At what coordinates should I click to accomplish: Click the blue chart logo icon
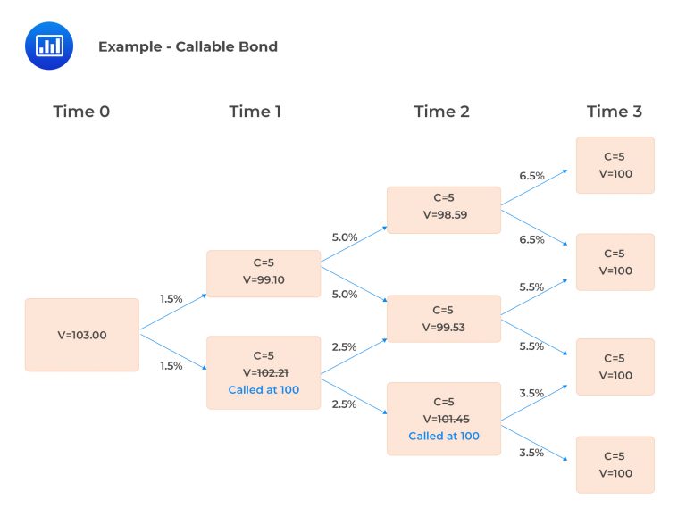pos(48,46)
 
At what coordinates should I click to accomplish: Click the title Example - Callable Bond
pos(188,46)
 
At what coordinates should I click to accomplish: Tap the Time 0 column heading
pos(82,112)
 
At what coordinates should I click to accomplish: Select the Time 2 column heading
pos(441,112)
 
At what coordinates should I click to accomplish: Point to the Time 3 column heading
pos(614,112)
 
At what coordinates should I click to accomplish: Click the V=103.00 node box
pos(82,335)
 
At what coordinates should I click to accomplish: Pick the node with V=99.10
pos(264,273)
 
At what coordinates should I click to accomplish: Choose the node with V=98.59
pos(443,210)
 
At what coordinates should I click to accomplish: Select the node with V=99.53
pos(443,319)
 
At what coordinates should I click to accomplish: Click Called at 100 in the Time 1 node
pos(264,390)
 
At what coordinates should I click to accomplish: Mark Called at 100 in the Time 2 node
pos(444,437)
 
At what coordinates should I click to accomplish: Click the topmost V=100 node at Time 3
pos(615,165)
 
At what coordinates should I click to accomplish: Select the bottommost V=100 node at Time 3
pos(615,464)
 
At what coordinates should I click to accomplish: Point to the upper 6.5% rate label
pos(531,176)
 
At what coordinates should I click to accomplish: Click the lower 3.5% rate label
pos(531,453)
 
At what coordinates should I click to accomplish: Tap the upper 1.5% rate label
pos(171,299)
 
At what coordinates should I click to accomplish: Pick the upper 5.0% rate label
pos(344,237)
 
